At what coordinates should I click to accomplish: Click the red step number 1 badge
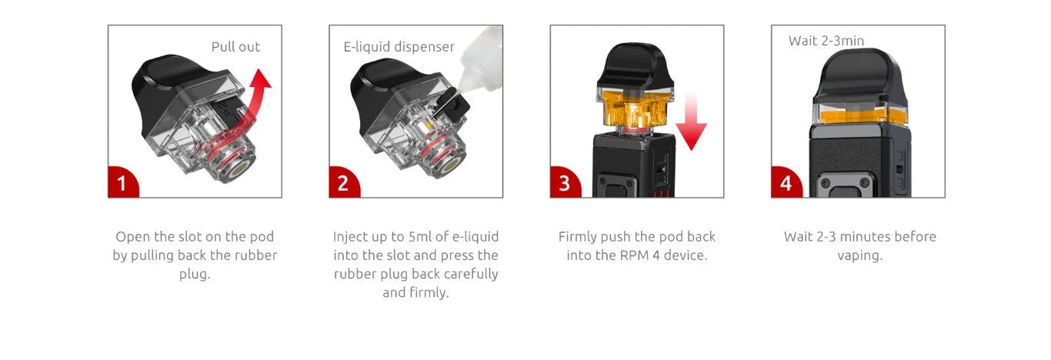(122, 183)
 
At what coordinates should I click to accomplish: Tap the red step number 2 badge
(343, 183)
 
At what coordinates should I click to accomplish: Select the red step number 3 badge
(565, 183)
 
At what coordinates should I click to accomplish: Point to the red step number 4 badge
(786, 183)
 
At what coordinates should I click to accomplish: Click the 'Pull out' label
(235, 47)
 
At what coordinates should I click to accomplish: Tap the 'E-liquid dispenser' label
(399, 47)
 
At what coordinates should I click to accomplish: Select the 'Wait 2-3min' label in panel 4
(826, 41)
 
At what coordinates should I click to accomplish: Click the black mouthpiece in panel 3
(636, 65)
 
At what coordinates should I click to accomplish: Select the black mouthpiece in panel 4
(859, 75)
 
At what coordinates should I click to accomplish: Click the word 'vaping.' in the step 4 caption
(860, 256)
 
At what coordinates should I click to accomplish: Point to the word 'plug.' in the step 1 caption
(195, 274)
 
